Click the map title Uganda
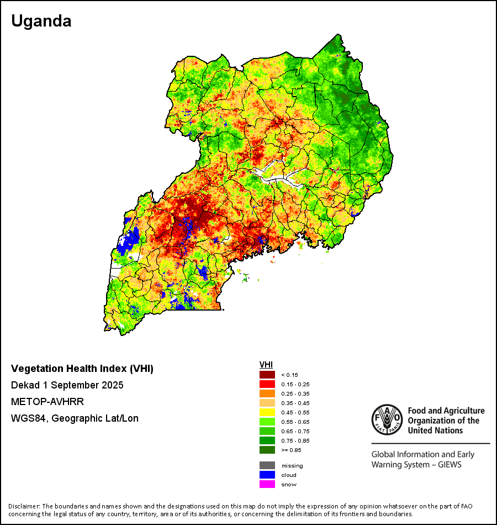coord(41,21)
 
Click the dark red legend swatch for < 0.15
coord(267,375)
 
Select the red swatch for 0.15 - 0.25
coord(267,384)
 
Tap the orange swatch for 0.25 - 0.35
coord(267,393)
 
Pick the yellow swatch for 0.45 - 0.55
coord(267,412)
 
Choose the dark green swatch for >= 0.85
coord(267,450)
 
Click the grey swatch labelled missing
coord(267,465)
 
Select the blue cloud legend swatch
coord(267,475)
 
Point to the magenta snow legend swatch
coord(267,484)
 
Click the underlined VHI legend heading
coord(266,365)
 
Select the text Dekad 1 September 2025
coord(67,385)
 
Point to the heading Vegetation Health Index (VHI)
coord(82,369)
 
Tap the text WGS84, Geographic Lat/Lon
coord(75,418)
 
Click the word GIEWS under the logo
coord(448,464)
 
